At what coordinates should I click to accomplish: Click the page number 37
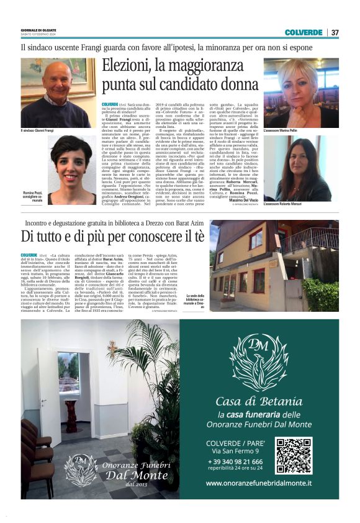(335, 32)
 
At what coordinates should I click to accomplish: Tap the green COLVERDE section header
(304, 32)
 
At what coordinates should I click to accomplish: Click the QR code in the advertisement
(294, 456)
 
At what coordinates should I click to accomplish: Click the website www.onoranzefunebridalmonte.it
(259, 483)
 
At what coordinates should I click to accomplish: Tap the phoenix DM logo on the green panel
(258, 360)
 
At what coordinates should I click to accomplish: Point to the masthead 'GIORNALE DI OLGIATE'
(39, 30)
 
